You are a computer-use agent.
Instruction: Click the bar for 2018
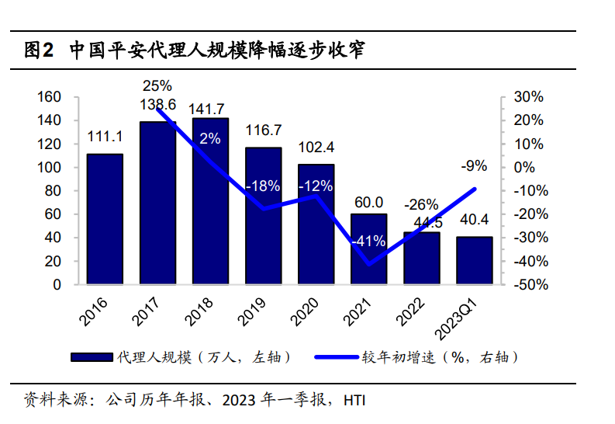210,201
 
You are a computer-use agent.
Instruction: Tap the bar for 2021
368,248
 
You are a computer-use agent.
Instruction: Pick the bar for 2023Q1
474,260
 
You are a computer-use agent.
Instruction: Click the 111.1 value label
105,137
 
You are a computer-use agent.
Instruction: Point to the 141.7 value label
210,108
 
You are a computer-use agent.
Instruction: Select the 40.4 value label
474,221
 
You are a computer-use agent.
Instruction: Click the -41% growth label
368,241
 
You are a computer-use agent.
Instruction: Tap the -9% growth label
474,165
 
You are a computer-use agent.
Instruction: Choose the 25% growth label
157,85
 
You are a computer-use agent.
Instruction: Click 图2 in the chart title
38,51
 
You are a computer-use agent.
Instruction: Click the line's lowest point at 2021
368,264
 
